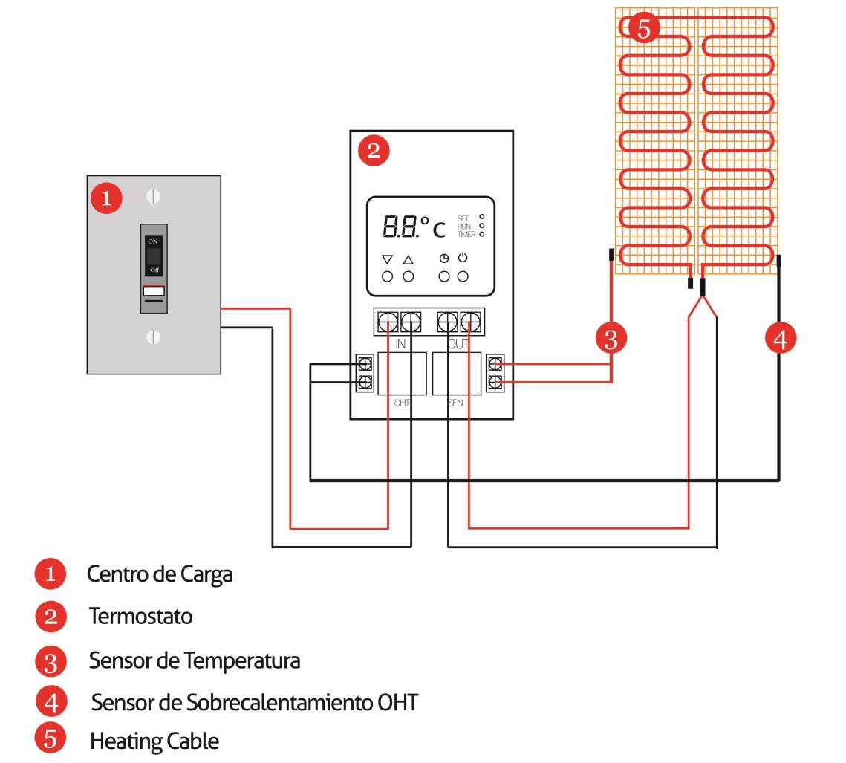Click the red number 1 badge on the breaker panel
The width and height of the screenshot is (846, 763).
(106, 198)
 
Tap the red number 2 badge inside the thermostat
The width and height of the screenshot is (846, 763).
(374, 151)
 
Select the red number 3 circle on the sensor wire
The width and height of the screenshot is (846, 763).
(611, 339)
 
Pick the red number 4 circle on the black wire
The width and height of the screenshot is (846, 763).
(780, 338)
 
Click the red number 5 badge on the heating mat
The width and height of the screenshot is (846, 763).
(644, 28)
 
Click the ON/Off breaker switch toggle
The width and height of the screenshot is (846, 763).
(154, 256)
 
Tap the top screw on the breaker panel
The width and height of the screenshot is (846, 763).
(153, 196)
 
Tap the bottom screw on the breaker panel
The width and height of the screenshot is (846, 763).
(153, 337)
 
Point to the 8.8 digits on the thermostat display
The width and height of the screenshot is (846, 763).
(400, 227)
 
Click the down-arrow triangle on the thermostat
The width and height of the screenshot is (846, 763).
(387, 259)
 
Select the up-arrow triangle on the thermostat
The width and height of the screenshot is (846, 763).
(409, 259)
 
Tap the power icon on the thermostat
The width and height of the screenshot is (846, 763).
(463, 257)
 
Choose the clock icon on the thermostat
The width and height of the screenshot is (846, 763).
(443, 259)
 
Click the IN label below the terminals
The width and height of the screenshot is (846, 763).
(400, 344)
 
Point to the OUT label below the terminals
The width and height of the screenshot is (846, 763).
(458, 344)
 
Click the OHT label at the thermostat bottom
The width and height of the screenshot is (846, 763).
(401, 403)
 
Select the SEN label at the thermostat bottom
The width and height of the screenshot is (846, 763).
(455, 403)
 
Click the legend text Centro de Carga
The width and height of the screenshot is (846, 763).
(160, 574)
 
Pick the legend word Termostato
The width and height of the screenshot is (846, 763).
(141, 616)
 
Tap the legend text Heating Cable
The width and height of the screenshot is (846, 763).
(154, 741)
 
